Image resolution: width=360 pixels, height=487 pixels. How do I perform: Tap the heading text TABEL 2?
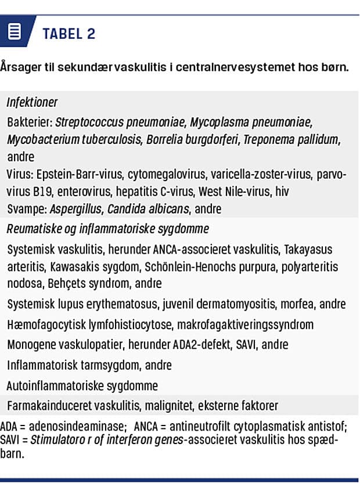coord(69,34)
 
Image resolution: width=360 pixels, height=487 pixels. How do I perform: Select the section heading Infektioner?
coord(32,102)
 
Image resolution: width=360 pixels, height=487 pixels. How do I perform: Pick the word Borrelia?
coord(163,140)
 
